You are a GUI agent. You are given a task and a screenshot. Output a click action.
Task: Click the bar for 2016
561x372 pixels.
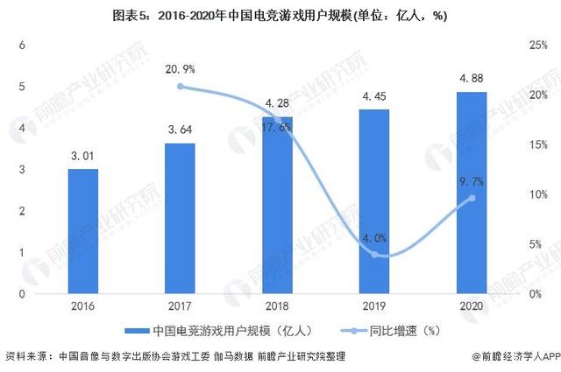(83, 231)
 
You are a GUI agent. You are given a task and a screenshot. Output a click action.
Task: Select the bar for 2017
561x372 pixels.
(180, 218)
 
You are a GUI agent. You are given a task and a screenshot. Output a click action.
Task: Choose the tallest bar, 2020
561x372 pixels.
(472, 193)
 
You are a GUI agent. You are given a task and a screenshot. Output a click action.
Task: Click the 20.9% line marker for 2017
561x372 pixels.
(180, 86)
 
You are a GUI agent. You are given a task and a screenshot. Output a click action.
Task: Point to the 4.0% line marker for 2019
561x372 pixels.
(374, 254)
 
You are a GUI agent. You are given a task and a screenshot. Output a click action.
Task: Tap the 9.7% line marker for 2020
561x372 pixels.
(472, 198)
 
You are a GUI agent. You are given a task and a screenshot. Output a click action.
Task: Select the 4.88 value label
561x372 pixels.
(472, 80)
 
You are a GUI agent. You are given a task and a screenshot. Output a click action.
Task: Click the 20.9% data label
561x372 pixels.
(180, 68)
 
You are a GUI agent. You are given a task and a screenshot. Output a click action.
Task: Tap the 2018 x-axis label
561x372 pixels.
(277, 306)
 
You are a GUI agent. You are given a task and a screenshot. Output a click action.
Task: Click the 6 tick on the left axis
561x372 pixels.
(24, 46)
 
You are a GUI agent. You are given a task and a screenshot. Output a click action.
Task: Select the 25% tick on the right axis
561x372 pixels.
(536, 46)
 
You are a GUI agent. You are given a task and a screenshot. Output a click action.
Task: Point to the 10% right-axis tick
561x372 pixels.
(536, 194)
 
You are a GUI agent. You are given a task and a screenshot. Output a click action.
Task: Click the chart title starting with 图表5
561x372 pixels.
(280, 15)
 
